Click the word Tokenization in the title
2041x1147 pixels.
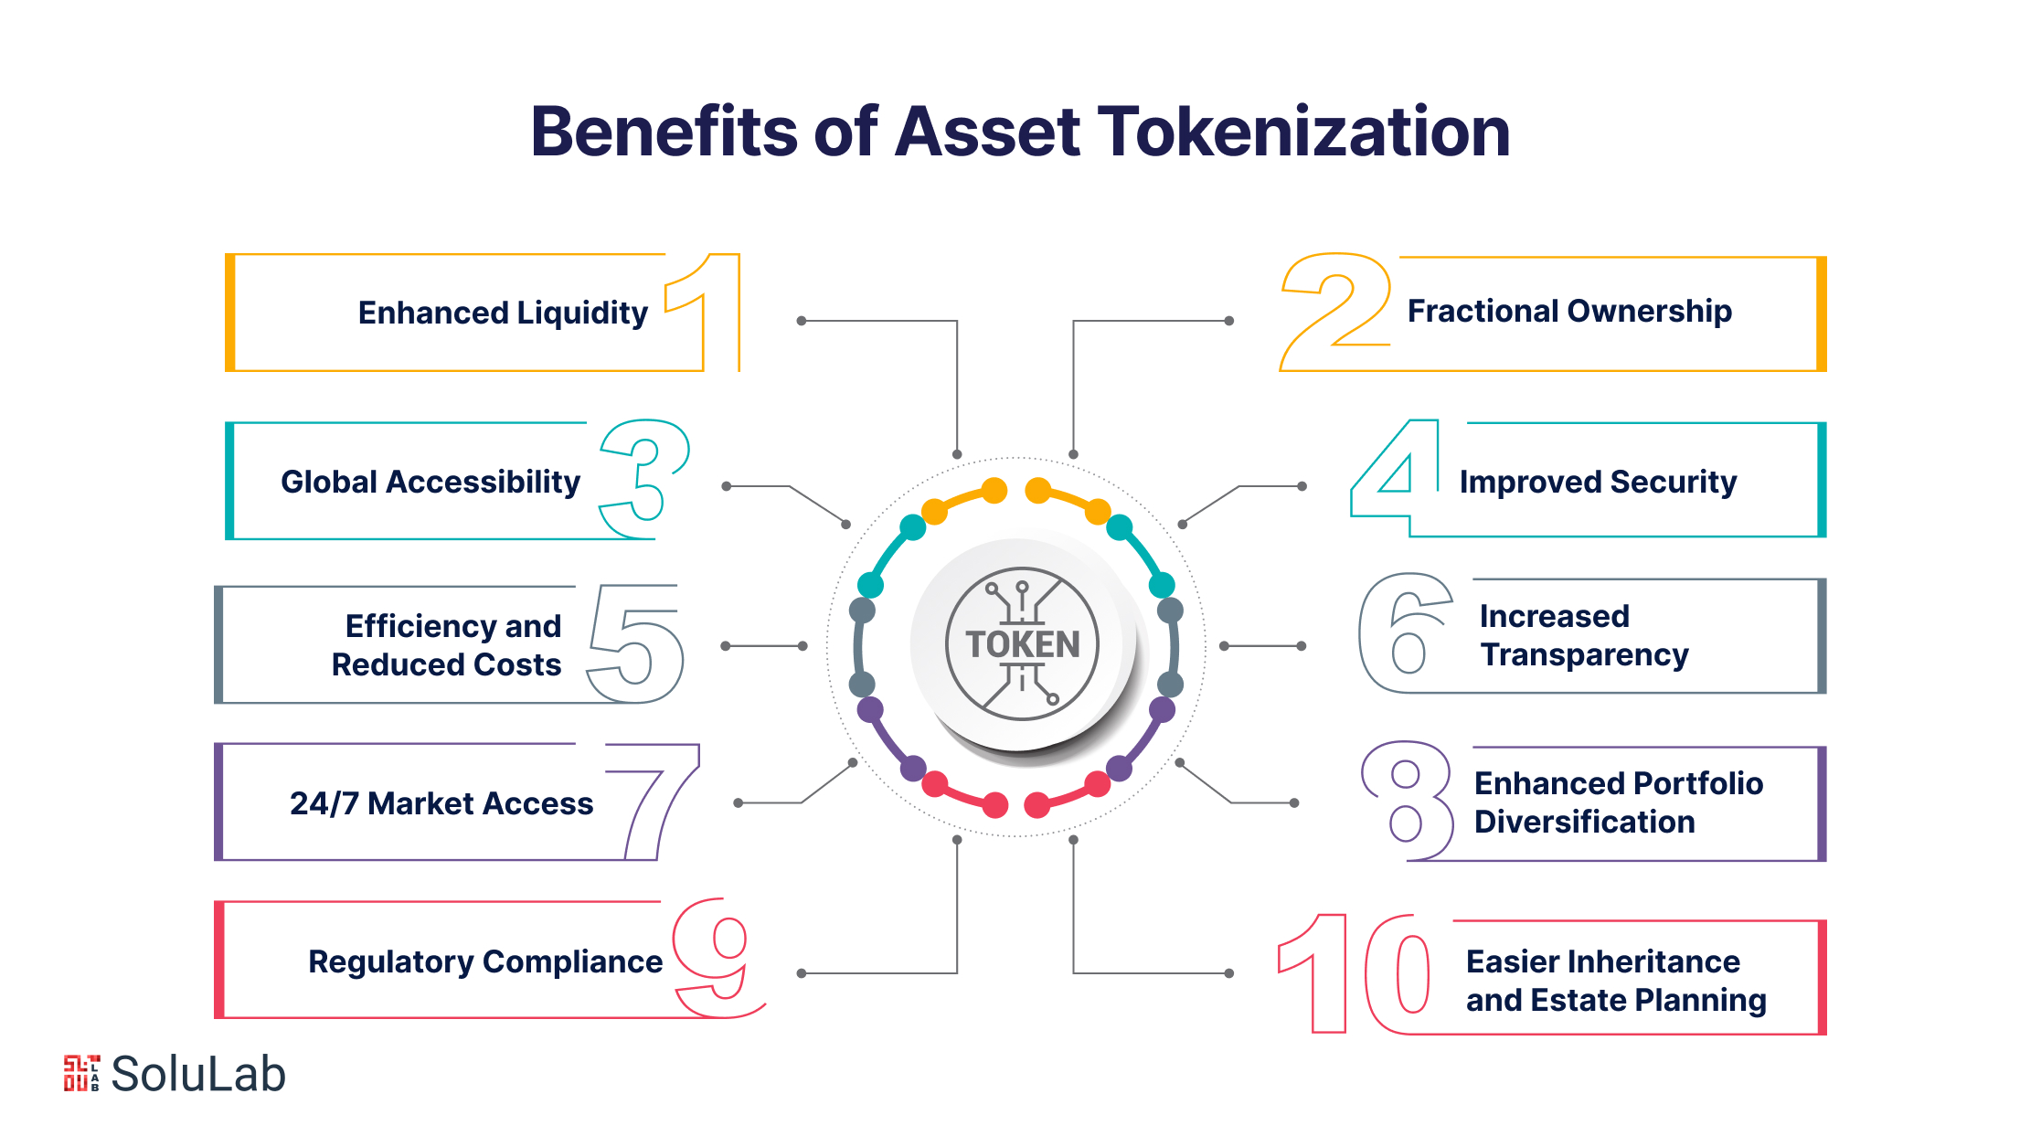1303,132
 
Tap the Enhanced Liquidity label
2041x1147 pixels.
503,313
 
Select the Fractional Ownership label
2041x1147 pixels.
1569,311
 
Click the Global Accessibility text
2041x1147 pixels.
431,482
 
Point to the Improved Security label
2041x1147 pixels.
1598,482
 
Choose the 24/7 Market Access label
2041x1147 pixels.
441,803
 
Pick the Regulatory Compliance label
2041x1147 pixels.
485,961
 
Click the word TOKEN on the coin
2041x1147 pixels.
1023,644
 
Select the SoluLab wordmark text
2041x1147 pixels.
198,1074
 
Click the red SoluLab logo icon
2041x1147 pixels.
81,1073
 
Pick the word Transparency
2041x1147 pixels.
1585,655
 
